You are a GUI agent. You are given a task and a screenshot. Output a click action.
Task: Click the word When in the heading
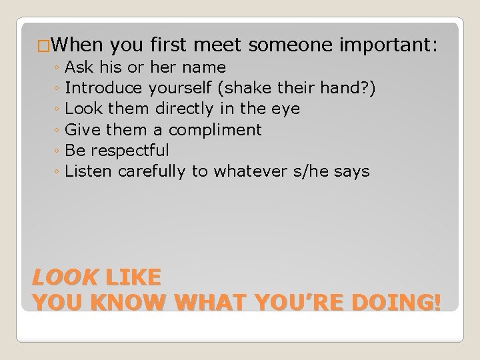(75, 45)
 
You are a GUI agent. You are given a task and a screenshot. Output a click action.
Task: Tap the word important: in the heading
(388, 45)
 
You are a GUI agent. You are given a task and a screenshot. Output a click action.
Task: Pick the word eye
(286, 109)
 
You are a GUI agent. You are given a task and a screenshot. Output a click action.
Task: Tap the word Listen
(89, 171)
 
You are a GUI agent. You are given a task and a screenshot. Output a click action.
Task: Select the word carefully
(153, 171)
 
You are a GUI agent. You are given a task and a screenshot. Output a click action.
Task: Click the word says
(351, 171)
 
